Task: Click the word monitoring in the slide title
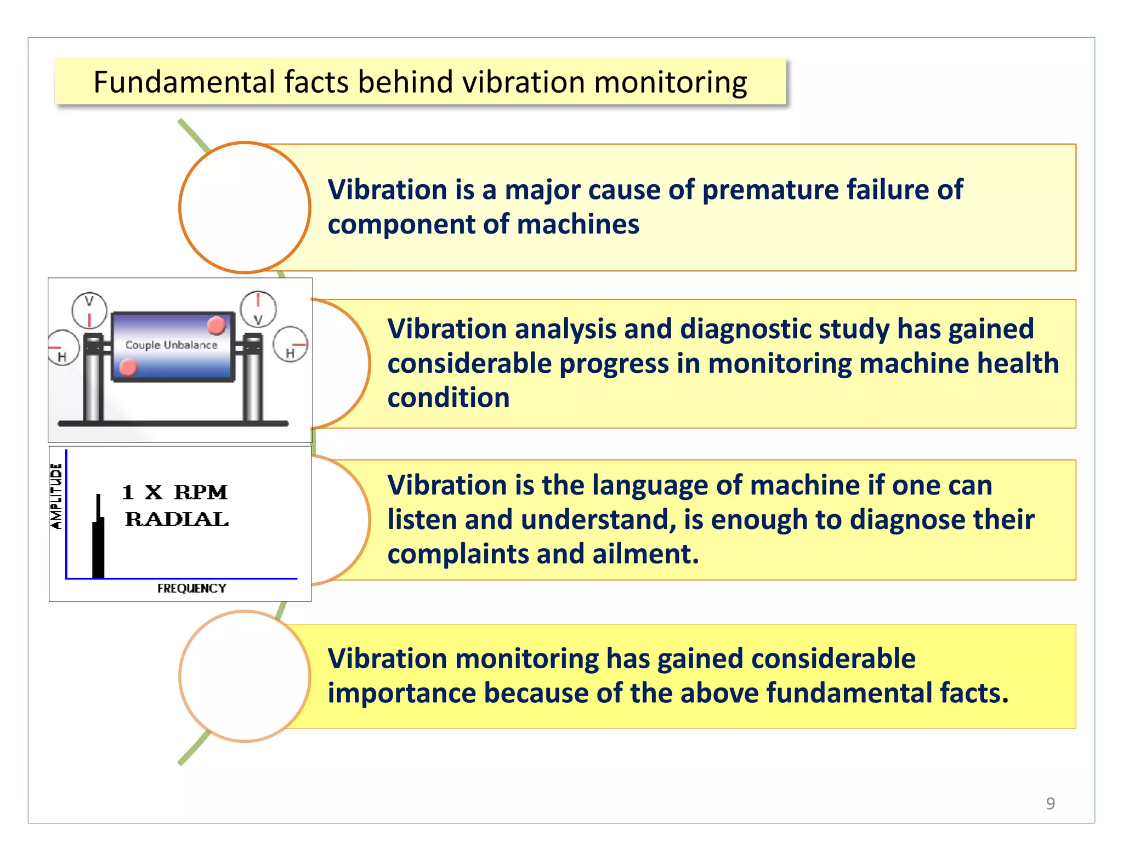click(x=670, y=83)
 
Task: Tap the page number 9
click(x=1050, y=803)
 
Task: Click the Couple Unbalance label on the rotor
click(x=171, y=345)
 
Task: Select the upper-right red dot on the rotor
click(x=217, y=325)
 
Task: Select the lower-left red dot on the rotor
click(x=128, y=367)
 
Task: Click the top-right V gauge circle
click(x=258, y=309)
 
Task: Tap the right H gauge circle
click(x=291, y=344)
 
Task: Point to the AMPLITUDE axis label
click(x=56, y=496)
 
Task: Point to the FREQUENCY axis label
click(x=191, y=588)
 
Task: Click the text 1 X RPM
click(x=174, y=492)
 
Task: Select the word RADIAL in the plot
click(x=177, y=519)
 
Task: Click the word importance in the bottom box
click(x=401, y=693)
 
